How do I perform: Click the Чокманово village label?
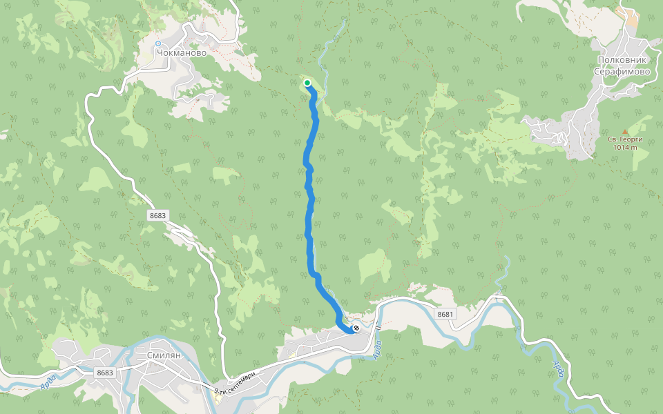tap(182, 52)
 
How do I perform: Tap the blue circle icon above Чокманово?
tap(158, 43)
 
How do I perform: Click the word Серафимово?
tap(624, 71)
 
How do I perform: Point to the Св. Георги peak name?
tap(624, 139)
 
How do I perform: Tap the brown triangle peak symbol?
tap(625, 131)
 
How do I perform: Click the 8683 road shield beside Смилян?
tap(104, 373)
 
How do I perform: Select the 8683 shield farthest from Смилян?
tap(157, 215)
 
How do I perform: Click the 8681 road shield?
tap(445, 315)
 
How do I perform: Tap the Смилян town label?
tap(164, 355)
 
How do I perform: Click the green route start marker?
tap(307, 83)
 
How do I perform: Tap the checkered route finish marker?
tap(355, 328)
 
